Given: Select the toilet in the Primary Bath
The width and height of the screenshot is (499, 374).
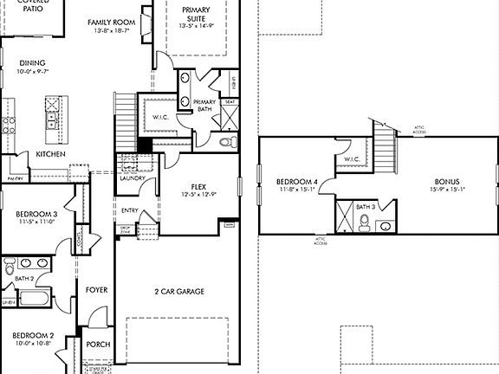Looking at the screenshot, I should click(227, 142).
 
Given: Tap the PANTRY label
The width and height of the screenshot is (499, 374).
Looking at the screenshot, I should click(15, 177).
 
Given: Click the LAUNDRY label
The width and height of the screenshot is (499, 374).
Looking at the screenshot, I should click(132, 177).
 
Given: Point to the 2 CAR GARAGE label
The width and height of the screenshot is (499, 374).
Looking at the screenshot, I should click(179, 292).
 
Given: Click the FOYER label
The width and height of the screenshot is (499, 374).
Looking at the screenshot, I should click(97, 290).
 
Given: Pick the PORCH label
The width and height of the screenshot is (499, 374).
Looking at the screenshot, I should click(98, 344).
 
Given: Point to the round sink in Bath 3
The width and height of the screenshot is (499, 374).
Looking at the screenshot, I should click(385, 227).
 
